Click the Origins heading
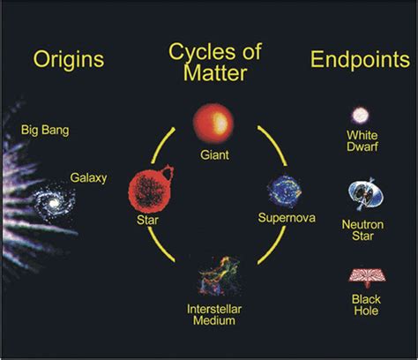pyautogui.click(x=69, y=60)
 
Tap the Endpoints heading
pyautogui.click(x=360, y=59)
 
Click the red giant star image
pyautogui.click(x=213, y=123)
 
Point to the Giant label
pyautogui.click(x=214, y=155)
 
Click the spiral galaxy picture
pyautogui.click(x=54, y=202)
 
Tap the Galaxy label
pyautogui.click(x=88, y=178)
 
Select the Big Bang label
pyautogui.click(x=45, y=130)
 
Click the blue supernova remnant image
pyautogui.click(x=285, y=191)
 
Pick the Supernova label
pyautogui.click(x=287, y=218)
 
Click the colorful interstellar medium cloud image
pyautogui.click(x=219, y=276)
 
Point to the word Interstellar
pyautogui.click(x=214, y=309)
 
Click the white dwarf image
pyautogui.click(x=361, y=115)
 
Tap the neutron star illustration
pyautogui.click(x=366, y=194)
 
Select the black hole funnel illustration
pyautogui.click(x=367, y=277)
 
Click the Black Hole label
pyautogui.click(x=366, y=305)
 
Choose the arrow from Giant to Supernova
pyautogui.click(x=275, y=143)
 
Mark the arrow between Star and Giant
pyautogui.click(x=160, y=145)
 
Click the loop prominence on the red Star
pyautogui.click(x=167, y=173)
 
